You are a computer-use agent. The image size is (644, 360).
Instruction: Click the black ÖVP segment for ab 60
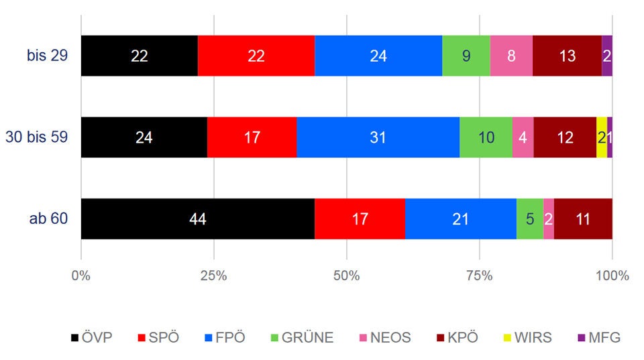[x=197, y=219]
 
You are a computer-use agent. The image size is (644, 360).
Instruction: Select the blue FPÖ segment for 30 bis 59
[x=378, y=137]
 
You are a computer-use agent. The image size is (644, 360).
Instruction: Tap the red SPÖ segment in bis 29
[x=256, y=56]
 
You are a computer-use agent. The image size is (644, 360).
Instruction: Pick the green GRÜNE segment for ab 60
[x=530, y=219]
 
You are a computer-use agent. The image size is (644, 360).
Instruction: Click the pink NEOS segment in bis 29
[x=511, y=56]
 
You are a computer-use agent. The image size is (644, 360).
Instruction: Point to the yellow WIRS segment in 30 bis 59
[x=601, y=137]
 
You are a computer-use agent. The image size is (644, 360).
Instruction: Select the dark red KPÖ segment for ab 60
[x=583, y=219]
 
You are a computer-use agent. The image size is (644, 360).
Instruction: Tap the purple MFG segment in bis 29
[x=607, y=56]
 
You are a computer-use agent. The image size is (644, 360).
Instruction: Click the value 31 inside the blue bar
[x=378, y=137]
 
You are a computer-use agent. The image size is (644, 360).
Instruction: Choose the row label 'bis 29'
[x=47, y=56]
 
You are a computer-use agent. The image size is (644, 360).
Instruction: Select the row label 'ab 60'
[x=49, y=219]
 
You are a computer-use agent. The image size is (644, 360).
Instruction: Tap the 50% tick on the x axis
[x=346, y=276]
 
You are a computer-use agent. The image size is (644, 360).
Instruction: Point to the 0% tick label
[x=81, y=276]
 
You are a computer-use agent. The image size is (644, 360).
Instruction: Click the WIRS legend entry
[x=527, y=337]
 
